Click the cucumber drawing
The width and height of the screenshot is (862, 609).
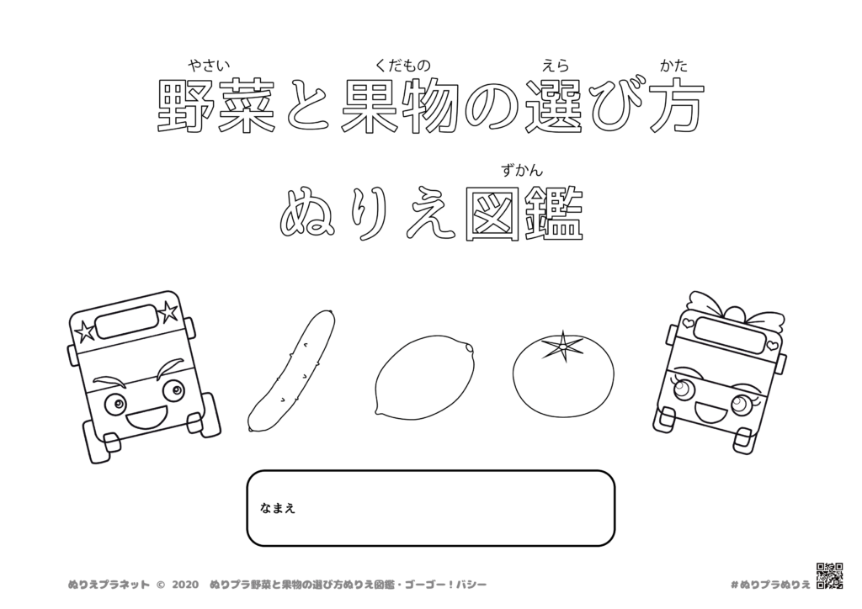click(291, 370)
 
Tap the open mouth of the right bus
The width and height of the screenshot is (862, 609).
click(711, 411)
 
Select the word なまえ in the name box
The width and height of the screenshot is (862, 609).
click(278, 508)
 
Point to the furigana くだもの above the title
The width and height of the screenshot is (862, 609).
click(403, 65)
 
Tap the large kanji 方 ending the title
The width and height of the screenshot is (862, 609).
click(674, 107)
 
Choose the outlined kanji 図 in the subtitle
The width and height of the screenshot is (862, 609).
click(492, 215)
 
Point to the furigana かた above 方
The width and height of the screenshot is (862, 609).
click(674, 65)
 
